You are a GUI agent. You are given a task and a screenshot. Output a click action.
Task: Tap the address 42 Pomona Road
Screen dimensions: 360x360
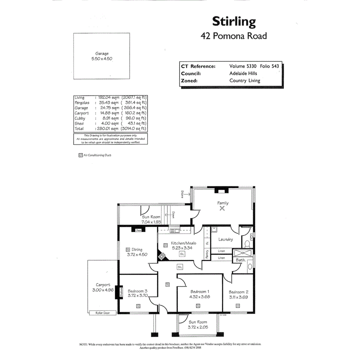234,36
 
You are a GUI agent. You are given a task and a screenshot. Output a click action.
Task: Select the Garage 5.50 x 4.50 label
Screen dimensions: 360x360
102,56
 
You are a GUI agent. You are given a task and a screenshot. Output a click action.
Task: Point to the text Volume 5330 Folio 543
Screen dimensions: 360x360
254,66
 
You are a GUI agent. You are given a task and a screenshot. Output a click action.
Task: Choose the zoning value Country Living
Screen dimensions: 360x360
245,81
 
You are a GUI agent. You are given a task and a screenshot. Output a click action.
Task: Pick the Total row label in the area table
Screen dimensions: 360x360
79,129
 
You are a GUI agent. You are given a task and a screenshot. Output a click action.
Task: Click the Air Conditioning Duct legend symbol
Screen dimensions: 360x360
80,155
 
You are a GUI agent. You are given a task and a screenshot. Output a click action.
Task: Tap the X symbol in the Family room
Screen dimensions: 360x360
222,208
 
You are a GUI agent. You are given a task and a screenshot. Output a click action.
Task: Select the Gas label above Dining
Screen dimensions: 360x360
138,231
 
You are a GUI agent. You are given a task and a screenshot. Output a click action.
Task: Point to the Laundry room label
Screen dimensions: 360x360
226,239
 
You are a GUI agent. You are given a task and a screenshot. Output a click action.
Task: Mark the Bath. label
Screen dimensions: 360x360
240,261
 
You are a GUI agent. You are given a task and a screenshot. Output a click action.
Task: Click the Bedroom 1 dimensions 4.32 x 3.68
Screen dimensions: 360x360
199,297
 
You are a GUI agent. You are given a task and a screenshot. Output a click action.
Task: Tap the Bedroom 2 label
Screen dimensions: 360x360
238,292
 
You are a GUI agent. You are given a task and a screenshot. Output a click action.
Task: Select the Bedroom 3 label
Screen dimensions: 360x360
138,291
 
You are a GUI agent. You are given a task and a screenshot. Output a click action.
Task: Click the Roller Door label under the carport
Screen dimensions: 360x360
103,313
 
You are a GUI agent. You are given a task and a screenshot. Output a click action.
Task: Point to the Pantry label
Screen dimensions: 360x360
207,254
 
